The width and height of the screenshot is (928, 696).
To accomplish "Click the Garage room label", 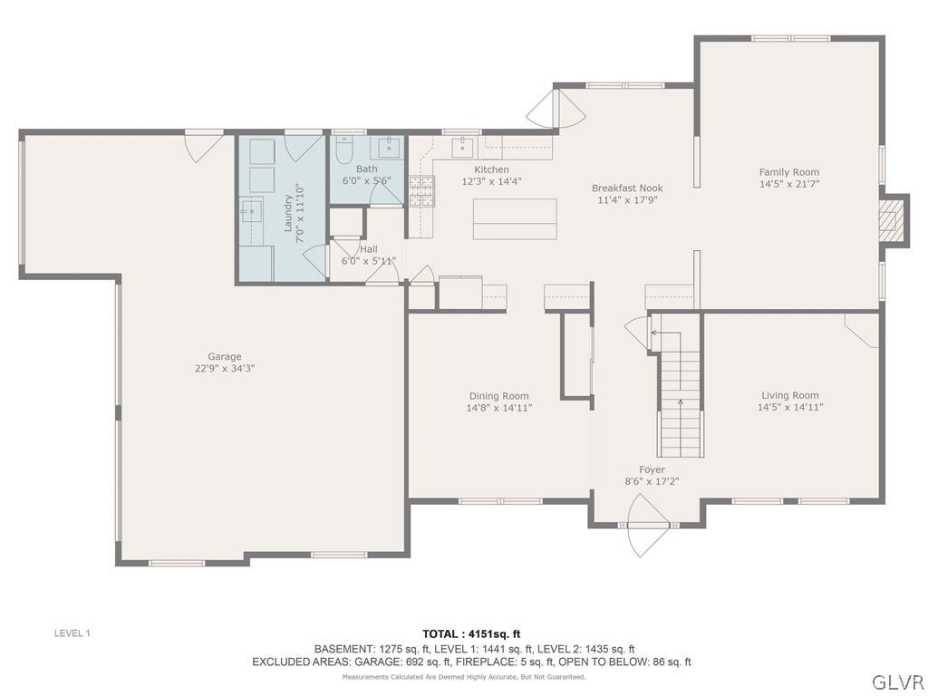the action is tap(225, 356).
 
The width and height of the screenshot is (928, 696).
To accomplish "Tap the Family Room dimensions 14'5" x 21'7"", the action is tap(789, 184).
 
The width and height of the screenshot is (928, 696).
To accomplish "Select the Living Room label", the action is tap(790, 395).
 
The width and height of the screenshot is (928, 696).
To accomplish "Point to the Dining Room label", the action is tap(499, 396).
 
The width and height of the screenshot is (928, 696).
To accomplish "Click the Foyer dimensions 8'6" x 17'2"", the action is tap(652, 481).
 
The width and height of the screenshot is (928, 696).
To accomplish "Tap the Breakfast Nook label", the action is tap(627, 188).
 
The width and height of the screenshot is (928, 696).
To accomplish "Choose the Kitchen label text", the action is tap(491, 169).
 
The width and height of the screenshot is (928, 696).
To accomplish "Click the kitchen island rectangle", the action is tap(515, 219).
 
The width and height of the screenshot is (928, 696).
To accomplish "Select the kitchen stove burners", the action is tap(421, 190).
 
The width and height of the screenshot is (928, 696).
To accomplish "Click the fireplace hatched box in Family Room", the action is tap(891, 220).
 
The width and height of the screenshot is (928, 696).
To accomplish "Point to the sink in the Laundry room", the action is tap(252, 210).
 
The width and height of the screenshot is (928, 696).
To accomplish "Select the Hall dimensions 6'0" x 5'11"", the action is tap(369, 261).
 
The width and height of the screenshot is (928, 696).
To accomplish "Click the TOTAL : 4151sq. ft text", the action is tap(471, 634).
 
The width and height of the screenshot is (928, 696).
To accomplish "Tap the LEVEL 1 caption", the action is tap(72, 633).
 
